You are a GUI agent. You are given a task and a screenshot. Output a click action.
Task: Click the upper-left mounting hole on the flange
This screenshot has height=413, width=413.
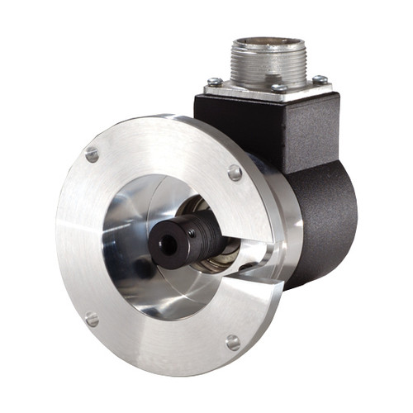point(92,154)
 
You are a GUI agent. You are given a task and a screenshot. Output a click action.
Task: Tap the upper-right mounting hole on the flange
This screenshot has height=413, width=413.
point(235,173)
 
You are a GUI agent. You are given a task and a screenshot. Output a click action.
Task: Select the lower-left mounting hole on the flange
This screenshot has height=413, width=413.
point(92,319)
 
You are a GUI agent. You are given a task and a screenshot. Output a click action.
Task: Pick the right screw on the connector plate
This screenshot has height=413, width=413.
point(319,80)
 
